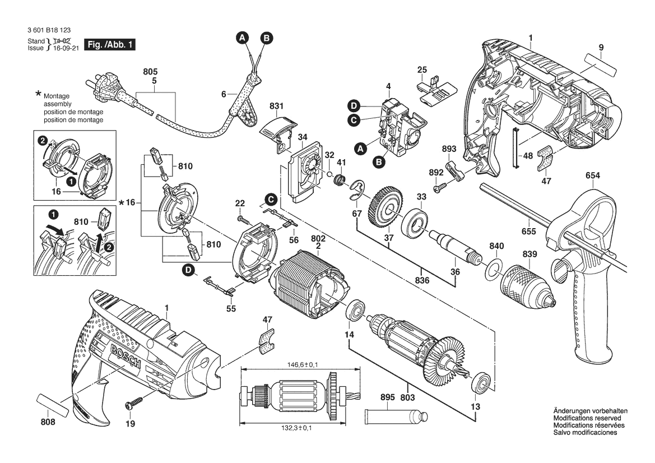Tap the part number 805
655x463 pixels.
[x=150, y=72]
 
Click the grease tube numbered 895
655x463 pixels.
[x=396, y=416]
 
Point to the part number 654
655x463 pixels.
[x=593, y=176]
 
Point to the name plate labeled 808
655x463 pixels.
[x=53, y=405]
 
